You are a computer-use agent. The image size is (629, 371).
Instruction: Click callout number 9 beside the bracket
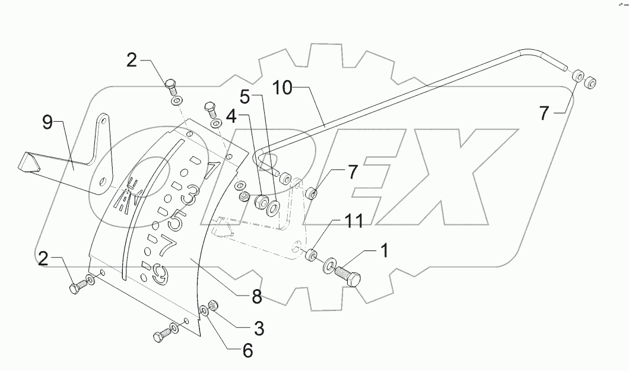pos(47,123)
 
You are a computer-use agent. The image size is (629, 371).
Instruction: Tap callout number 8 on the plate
pos(257,297)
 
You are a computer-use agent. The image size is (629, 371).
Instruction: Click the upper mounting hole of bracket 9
pos(104,121)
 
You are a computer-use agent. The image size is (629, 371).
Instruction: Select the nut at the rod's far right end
pos(590,84)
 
